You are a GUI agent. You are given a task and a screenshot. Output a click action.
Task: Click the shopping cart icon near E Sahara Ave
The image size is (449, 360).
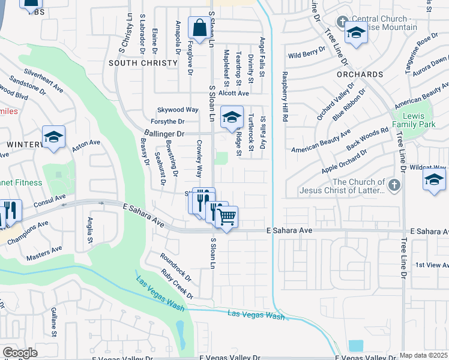coord(227,216)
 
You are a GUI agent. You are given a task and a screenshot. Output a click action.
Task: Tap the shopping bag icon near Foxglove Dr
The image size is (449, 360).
coord(199,27)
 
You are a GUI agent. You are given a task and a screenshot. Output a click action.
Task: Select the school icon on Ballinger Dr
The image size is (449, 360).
coord(231,117)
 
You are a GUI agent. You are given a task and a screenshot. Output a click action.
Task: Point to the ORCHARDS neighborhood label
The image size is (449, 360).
coord(360,74)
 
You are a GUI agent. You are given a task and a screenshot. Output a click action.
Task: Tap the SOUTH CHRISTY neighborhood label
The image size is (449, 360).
coord(143,62)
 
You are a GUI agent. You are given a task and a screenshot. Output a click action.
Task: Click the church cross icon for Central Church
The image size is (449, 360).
coord(342,22)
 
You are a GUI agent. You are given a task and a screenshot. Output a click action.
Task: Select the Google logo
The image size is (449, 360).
coord(20,352)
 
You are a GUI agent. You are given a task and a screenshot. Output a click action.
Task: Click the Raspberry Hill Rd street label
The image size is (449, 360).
coord(286,97)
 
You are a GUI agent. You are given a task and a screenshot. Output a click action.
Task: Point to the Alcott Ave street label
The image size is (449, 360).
coord(234,94)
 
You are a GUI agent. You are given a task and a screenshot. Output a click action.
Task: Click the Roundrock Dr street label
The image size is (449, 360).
coord(175,267)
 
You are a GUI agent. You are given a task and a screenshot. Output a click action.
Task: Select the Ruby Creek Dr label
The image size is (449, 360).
coord(178,283)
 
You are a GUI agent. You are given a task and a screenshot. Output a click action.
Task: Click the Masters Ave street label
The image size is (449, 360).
coord(44,253)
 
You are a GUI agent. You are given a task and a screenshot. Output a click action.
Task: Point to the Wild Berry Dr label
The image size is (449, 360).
coord(307,55)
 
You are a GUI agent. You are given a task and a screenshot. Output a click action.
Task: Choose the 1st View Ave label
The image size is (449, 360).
coord(429,265)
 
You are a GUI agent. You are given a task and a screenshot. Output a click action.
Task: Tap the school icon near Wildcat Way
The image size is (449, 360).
coord(434,179)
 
